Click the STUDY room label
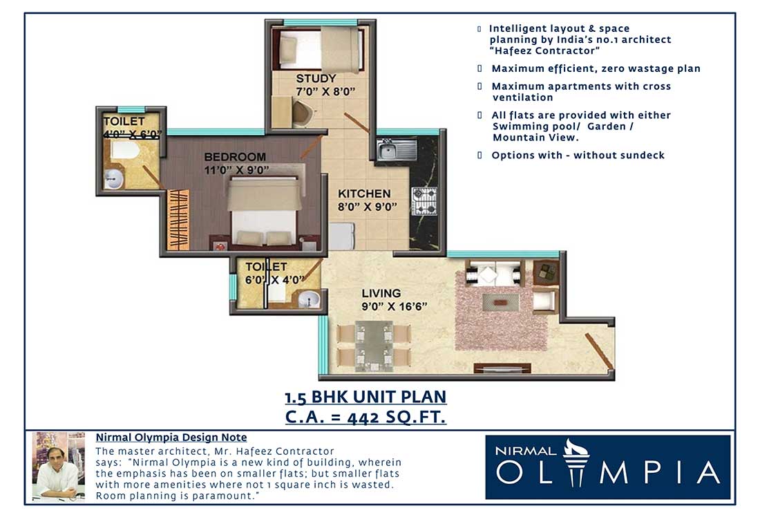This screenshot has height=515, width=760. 316,78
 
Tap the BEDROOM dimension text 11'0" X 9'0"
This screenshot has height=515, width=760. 236,169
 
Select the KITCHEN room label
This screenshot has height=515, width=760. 363,194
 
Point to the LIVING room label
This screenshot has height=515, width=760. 380,293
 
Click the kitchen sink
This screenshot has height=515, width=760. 396,149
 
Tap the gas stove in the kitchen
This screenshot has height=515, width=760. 424,201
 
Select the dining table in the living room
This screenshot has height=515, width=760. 374,346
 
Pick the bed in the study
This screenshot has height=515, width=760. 321,48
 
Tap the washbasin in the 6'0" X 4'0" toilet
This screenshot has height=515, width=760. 309,299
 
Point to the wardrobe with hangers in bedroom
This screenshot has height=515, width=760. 178,220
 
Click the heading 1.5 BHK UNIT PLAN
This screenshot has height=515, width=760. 365,397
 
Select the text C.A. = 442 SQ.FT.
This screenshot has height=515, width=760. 365,417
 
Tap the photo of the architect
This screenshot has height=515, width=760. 58,467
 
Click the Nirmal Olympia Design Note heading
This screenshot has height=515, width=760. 171,438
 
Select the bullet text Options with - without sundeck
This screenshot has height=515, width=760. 578,156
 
